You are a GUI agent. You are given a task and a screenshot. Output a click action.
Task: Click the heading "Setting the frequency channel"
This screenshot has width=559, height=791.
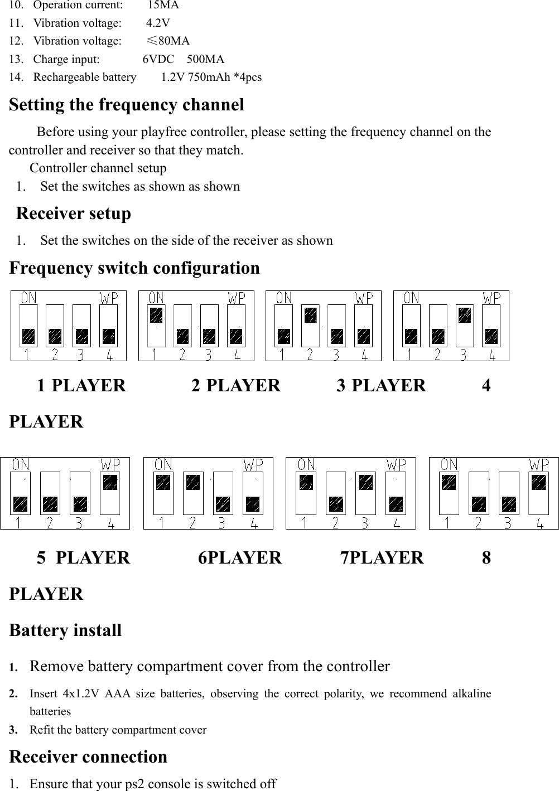pos(127,105)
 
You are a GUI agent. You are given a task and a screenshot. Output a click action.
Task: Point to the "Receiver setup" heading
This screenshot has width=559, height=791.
pos(74,213)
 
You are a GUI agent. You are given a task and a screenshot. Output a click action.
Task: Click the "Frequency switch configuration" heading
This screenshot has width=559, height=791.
pos(134,268)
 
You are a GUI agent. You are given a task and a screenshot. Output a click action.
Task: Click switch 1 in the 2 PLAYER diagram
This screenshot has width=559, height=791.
pos(156,326)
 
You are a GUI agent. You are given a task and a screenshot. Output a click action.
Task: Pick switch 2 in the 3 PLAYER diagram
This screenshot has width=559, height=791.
pos(311,326)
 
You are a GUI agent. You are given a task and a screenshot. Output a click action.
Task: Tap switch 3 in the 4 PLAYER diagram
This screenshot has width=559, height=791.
pos(465,326)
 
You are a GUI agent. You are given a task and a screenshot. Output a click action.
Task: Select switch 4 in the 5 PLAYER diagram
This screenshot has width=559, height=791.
pos(110,493)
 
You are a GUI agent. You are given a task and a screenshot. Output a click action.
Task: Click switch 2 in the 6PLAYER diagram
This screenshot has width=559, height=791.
pos(193,493)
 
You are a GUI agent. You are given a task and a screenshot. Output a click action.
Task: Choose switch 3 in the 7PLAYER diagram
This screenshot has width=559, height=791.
pos(365,493)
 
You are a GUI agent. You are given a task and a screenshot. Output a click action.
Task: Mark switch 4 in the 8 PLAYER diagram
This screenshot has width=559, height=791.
pos(538,493)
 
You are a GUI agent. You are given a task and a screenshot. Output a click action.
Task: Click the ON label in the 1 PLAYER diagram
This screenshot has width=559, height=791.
pos(29,298)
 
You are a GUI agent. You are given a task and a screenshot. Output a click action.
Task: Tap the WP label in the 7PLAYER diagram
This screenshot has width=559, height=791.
pos(397,464)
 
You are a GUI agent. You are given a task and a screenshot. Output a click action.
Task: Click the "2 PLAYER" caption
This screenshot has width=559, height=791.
pos(235,385)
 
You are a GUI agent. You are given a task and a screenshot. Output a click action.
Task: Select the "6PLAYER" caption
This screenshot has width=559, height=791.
pos(240,557)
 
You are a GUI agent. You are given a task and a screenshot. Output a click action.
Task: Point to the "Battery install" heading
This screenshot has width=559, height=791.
pos(65,630)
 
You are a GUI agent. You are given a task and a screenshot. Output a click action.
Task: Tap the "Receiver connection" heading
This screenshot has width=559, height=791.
pos(88,757)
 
